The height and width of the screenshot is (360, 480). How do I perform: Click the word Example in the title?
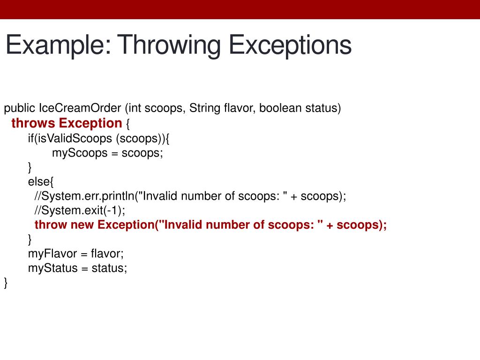tap(57, 46)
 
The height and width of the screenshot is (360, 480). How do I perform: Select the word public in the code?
tap(20, 109)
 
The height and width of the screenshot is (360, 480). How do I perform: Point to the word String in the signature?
tap(205, 109)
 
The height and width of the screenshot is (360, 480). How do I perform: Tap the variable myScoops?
tap(80, 153)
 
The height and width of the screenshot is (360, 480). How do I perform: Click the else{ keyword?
tap(41, 182)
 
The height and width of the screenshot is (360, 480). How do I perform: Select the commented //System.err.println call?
tap(84, 196)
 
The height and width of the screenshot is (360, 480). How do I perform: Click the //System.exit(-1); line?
tap(80, 210)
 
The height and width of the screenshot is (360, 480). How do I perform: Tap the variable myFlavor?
tap(52, 254)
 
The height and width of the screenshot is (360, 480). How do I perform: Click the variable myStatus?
tap(51, 268)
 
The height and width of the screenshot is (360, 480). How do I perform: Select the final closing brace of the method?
tap(6, 283)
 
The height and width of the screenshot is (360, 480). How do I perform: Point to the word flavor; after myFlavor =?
tap(107, 254)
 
